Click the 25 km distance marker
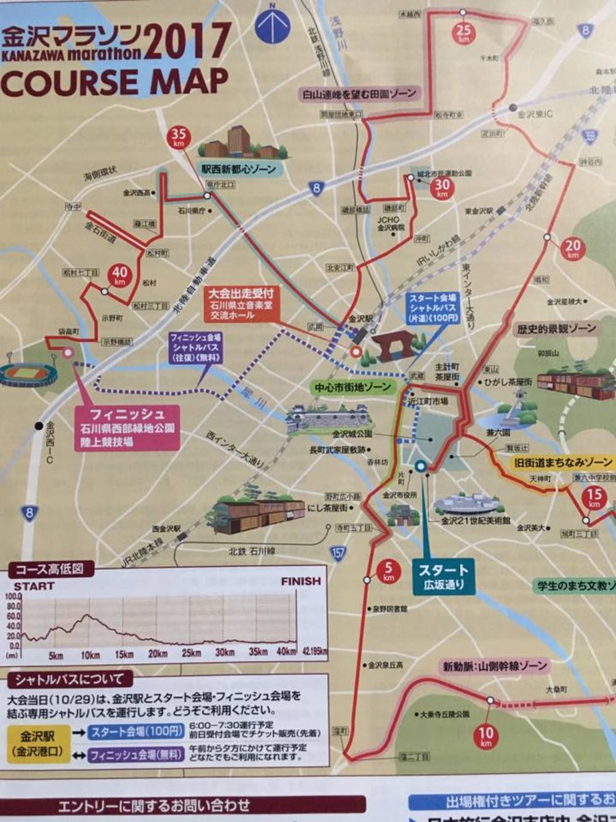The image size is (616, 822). [463, 31]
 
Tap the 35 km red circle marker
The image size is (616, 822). [179, 137]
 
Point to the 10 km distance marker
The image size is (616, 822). [486, 736]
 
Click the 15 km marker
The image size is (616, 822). [594, 497]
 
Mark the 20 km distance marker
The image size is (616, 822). [573, 249]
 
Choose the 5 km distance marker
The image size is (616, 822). [388, 571]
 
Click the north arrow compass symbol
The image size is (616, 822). [272, 23]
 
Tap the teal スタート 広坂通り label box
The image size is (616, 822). [444, 576]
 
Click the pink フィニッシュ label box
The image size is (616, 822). [127, 427]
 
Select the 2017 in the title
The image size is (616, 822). [187, 41]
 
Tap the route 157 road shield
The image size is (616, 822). [338, 553]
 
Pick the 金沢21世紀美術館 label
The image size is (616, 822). [476, 520]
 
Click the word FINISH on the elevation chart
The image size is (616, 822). [301, 581]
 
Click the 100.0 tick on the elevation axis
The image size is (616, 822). [13, 596]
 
